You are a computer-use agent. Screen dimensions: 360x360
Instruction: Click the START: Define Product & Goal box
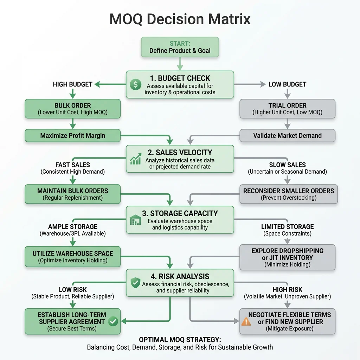[180, 47]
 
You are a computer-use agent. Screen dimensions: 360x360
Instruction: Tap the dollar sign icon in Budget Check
[135, 84]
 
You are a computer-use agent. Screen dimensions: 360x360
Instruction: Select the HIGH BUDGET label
[72, 84]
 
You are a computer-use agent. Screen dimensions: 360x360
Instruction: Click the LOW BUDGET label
[287, 84]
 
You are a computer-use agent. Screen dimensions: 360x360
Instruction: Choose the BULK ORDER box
[72, 109]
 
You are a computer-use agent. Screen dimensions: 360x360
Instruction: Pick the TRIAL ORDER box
[287, 109]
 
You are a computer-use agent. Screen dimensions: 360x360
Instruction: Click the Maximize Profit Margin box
[72, 135]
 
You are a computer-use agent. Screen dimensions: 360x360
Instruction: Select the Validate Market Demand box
[287, 135]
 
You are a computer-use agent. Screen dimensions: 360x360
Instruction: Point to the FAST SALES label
[72, 165]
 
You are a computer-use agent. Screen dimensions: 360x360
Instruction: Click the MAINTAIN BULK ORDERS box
[72, 194]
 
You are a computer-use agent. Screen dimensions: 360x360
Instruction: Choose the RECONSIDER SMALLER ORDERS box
[289, 194]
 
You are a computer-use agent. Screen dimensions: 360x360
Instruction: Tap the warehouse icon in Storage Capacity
[135, 220]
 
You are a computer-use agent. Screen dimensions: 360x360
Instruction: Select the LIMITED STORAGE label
[287, 227]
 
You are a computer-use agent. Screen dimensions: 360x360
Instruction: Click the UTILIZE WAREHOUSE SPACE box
[72, 257]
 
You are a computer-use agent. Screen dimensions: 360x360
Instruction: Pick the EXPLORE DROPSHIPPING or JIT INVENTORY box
[287, 257]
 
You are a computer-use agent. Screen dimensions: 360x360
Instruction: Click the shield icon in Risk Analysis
[135, 282]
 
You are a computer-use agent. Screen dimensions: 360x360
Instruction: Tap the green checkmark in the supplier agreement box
[113, 321]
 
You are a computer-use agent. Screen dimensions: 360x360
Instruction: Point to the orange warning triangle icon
[246, 321]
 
